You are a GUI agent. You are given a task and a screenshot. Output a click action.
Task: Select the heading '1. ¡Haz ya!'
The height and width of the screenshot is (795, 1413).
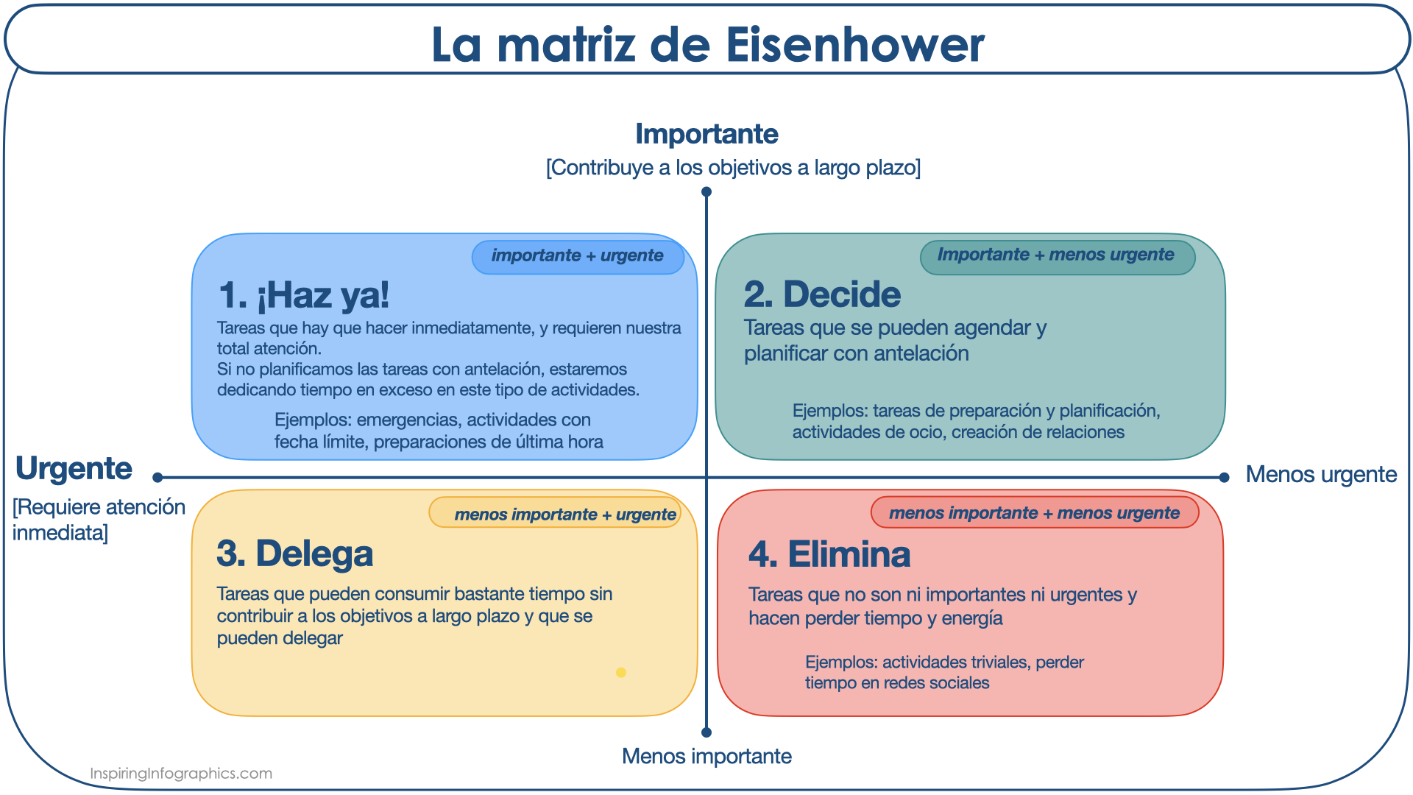click(304, 295)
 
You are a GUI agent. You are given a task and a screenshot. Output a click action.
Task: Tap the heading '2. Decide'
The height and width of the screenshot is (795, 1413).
click(822, 294)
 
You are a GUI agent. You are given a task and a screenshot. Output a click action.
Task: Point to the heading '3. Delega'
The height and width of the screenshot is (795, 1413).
click(295, 554)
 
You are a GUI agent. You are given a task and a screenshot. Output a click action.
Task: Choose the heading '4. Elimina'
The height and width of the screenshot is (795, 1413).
click(829, 554)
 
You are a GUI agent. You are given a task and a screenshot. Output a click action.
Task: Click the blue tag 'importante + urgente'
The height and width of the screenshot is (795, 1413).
click(578, 256)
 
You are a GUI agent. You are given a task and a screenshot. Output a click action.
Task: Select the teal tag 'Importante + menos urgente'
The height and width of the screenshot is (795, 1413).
click(1057, 256)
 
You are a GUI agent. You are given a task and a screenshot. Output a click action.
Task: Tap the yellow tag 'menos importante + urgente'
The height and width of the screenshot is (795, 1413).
click(556, 513)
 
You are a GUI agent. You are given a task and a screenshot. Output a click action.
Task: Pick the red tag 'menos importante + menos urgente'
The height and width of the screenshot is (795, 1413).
click(1035, 512)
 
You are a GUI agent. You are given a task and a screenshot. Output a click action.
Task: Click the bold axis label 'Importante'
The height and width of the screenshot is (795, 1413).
click(706, 134)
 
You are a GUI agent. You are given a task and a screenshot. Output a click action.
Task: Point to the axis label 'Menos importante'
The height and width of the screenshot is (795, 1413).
click(706, 756)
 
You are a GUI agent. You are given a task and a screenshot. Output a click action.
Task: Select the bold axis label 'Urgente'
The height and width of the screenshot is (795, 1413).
click(74, 469)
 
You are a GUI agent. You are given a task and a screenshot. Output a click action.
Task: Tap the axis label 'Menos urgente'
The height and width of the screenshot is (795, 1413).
click(1321, 475)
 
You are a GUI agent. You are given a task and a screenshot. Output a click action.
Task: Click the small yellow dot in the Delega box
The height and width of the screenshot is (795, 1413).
click(621, 672)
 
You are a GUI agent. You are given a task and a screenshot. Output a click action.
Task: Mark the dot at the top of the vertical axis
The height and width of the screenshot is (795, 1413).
click(706, 192)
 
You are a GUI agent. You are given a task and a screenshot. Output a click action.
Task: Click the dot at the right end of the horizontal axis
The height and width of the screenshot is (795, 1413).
click(1224, 478)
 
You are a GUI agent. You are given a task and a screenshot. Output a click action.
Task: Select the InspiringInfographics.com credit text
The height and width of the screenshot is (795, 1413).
click(181, 774)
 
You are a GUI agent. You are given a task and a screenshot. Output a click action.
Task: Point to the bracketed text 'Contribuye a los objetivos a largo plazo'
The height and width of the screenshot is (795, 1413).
click(733, 168)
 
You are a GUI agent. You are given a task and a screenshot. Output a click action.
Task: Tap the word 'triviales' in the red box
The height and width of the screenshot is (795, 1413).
click(997, 662)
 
